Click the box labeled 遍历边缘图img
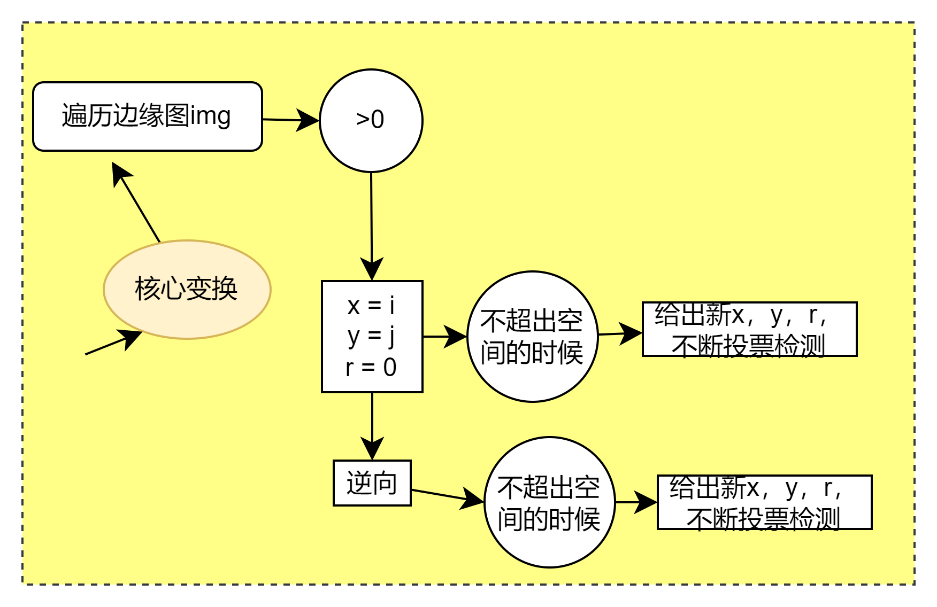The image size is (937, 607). pyautogui.click(x=147, y=116)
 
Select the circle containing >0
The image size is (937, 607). pyautogui.click(x=371, y=120)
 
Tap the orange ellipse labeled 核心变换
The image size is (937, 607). pyautogui.click(x=187, y=289)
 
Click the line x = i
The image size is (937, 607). pyautogui.click(x=371, y=306)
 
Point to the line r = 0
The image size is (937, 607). pyautogui.click(x=371, y=368)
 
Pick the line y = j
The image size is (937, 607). pyautogui.click(x=371, y=337)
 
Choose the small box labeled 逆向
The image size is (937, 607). pyautogui.click(x=372, y=483)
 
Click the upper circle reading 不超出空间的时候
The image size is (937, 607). pyautogui.click(x=532, y=337)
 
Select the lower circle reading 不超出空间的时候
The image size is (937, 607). pyautogui.click(x=549, y=502)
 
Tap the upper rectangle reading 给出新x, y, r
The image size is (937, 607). pyautogui.click(x=749, y=329)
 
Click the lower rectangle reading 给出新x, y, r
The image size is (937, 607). pyautogui.click(x=764, y=502)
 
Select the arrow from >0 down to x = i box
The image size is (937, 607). pyautogui.click(x=372, y=224)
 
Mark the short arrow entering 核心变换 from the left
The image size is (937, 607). pyautogui.click(x=113, y=343)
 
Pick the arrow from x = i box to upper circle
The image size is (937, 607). pyautogui.click(x=444, y=337)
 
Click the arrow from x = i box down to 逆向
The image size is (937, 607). pyautogui.click(x=372, y=426)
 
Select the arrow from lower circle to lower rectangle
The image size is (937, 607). pyautogui.click(x=635, y=502)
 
